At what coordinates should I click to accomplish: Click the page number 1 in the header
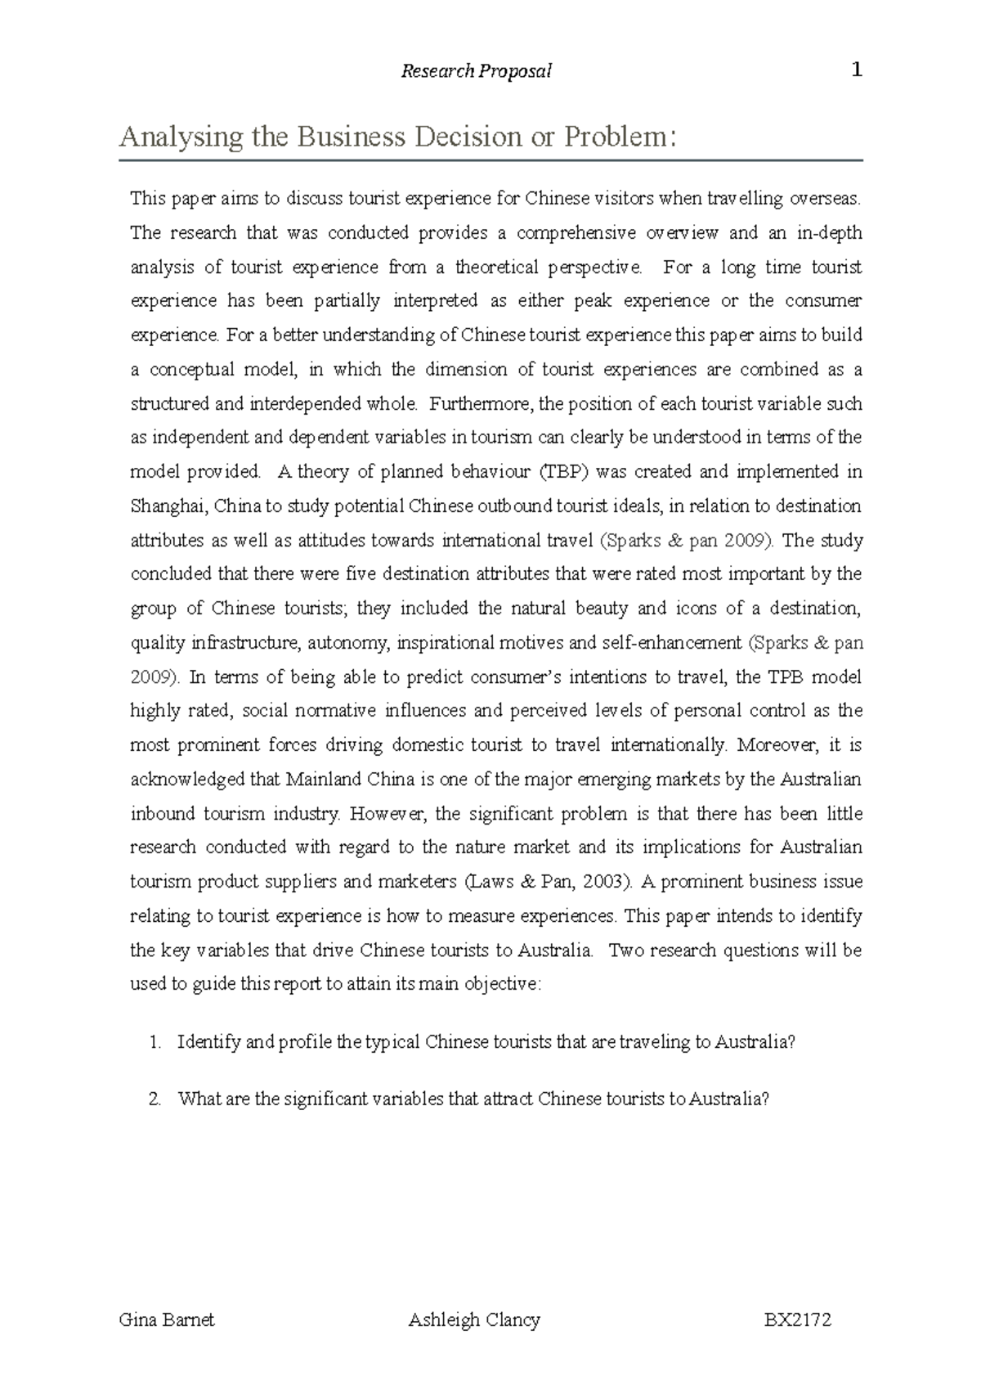(x=857, y=70)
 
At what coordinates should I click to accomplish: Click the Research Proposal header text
(x=476, y=72)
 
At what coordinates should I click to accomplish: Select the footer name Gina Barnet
(x=167, y=1319)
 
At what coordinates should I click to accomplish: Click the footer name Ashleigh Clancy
(x=474, y=1319)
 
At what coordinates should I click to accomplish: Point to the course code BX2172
(x=797, y=1319)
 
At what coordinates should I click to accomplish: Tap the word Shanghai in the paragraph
(x=168, y=506)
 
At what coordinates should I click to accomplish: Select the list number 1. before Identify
(x=155, y=1042)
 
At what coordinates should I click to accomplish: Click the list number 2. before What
(x=155, y=1099)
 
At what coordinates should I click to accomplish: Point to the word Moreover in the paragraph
(x=776, y=745)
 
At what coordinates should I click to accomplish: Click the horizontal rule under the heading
(x=490, y=160)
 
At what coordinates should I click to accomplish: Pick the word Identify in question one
(x=208, y=1042)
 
